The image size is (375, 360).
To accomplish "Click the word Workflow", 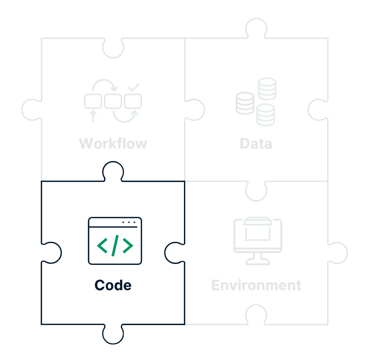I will click(113, 143).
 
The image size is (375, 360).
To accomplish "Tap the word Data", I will click(256, 144).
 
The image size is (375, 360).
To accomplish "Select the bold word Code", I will click(113, 285).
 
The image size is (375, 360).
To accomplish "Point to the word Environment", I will click(256, 285).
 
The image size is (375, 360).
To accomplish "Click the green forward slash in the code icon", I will click(115, 246).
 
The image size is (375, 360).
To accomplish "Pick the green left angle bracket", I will click(102, 246).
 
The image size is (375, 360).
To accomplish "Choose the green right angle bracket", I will click(128, 246).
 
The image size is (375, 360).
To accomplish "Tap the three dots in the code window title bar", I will click(129, 222).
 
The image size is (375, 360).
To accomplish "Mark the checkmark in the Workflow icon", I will click(134, 87).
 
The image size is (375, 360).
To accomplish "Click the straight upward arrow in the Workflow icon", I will click(93, 116).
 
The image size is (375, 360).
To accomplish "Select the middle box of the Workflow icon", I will click(113, 101).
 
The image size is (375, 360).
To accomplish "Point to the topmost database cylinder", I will click(267, 88).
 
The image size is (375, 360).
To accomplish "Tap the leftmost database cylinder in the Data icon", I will click(245, 103).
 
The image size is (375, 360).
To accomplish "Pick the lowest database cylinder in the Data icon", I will click(265, 115).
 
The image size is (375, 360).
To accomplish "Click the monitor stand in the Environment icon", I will click(258, 259).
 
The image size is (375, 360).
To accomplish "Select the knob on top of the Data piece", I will click(256, 27).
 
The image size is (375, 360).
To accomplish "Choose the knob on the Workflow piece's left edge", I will click(31, 110).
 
